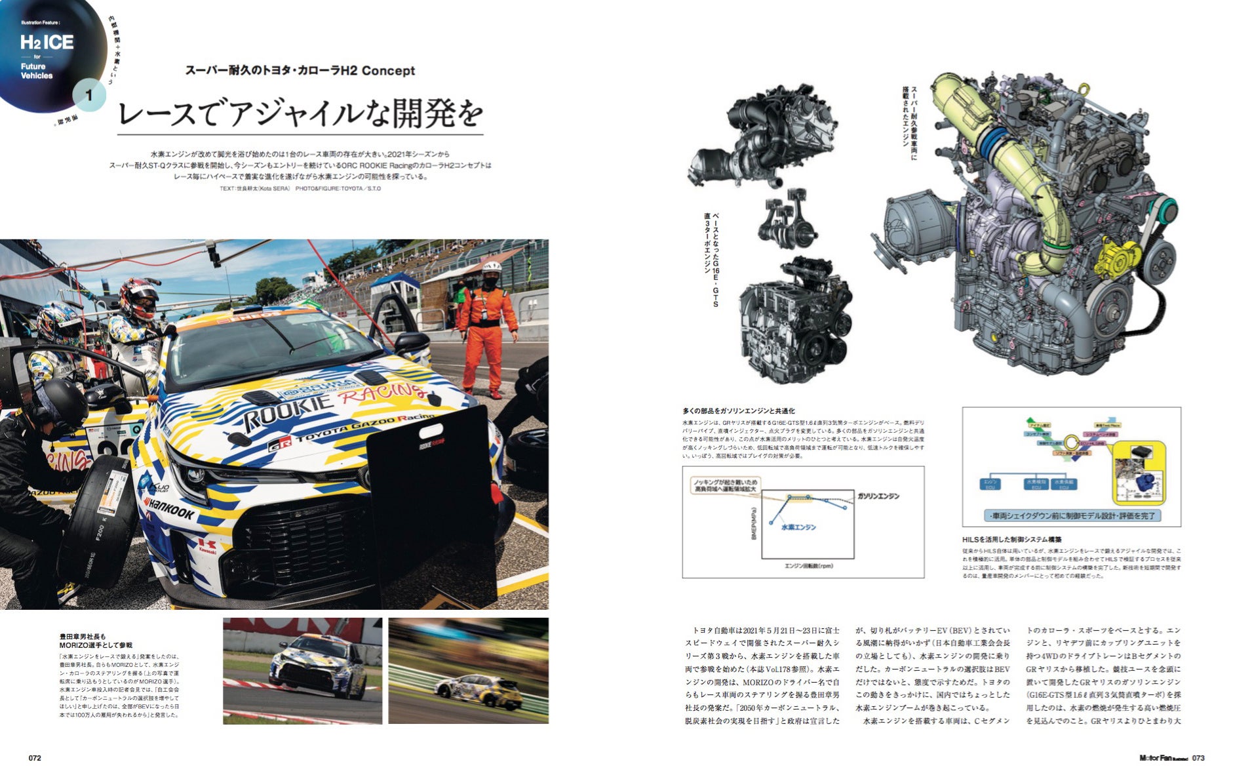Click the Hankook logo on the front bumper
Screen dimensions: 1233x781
coord(169,508)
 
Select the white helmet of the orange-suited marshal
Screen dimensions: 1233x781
coord(492,268)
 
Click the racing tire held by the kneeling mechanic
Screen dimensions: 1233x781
coord(98,521)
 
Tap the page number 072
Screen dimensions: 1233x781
coord(35,758)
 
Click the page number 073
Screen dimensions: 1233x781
coord(1198,758)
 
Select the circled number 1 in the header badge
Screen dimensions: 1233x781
coord(88,96)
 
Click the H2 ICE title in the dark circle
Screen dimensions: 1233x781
coord(47,43)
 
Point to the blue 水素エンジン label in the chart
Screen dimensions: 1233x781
coord(798,526)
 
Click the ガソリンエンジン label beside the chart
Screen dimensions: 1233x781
coord(878,496)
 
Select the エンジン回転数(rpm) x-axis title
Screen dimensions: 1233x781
coord(808,565)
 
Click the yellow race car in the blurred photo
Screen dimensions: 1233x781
coord(478,692)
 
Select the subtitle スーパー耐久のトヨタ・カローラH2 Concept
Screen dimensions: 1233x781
coord(300,70)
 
